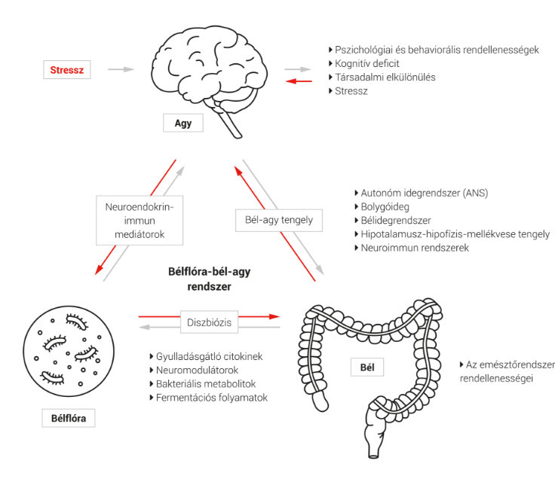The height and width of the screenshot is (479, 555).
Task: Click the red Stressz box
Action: pyautogui.click(x=67, y=69)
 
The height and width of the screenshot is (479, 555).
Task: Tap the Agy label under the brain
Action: pyautogui.click(x=183, y=123)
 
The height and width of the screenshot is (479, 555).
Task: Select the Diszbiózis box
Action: pyautogui.click(x=209, y=322)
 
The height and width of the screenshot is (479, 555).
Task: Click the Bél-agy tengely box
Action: pyautogui.click(x=279, y=220)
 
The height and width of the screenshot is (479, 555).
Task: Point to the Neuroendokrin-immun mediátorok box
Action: pyautogui.click(x=140, y=220)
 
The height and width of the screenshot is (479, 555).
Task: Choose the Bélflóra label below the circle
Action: pyautogui.click(x=69, y=418)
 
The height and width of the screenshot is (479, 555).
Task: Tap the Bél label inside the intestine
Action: pyautogui.click(x=367, y=368)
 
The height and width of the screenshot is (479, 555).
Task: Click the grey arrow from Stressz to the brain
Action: pyautogui.click(x=121, y=69)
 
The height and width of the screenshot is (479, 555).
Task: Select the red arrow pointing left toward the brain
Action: pyautogui.click(x=299, y=81)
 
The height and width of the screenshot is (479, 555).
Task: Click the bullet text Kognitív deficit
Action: pyautogui.click(x=364, y=63)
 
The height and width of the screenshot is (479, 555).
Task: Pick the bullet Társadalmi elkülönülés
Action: pyautogui.click(x=382, y=77)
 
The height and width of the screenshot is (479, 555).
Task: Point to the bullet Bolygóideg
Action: pyautogui.click(x=382, y=207)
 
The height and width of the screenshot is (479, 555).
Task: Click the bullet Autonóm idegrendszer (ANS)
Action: pyautogui.click(x=422, y=193)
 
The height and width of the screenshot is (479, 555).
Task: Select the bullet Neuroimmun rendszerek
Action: pyautogui.click(x=412, y=248)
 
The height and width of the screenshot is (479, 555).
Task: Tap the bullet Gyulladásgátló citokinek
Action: pyautogui.click(x=207, y=356)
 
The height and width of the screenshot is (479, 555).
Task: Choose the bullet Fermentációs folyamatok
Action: pyautogui.click(x=209, y=398)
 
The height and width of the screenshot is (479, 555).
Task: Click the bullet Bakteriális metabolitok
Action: pyautogui.click(x=203, y=384)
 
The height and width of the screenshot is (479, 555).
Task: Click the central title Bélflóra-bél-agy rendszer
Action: pyautogui.click(x=209, y=279)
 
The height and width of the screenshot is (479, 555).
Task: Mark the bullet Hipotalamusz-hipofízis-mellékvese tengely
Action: pyautogui.click(x=452, y=234)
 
